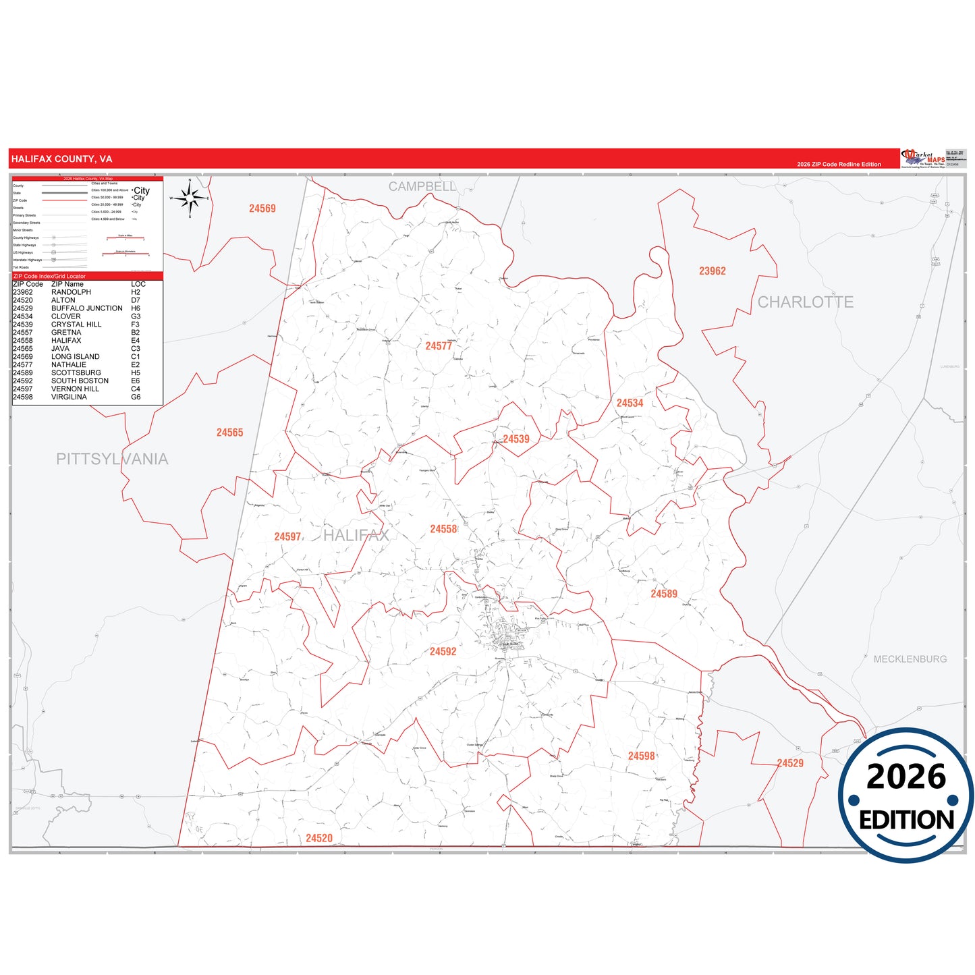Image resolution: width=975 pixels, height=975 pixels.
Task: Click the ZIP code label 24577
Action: [x=439, y=346]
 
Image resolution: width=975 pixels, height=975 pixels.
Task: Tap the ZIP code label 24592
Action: [x=443, y=652]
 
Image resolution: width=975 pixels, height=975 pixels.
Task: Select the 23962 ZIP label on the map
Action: [x=712, y=271]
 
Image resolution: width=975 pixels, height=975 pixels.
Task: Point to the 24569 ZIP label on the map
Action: [x=262, y=209]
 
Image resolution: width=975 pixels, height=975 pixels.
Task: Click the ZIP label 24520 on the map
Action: [x=318, y=838]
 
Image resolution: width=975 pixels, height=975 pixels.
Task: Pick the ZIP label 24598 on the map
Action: [x=641, y=756]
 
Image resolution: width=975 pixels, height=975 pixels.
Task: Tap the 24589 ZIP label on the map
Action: [x=663, y=594]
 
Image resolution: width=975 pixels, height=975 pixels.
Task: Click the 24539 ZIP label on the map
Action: [x=516, y=439]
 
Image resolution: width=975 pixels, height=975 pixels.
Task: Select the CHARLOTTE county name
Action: [x=805, y=302]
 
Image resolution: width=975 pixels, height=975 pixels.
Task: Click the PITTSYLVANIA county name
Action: [x=112, y=459]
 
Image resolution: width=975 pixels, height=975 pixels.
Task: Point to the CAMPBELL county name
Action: [x=422, y=187]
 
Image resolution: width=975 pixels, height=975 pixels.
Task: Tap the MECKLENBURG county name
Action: [x=910, y=659]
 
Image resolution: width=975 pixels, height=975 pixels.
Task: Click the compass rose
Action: [x=190, y=198]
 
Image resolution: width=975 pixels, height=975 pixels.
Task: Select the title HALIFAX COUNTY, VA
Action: [x=61, y=159]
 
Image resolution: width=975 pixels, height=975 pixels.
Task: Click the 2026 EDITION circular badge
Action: [x=906, y=796]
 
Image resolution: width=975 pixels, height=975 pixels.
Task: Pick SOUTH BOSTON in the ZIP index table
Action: [x=80, y=381]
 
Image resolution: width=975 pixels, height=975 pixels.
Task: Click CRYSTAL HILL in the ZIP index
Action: [x=76, y=325]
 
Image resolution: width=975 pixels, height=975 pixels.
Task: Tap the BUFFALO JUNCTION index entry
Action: [x=87, y=308]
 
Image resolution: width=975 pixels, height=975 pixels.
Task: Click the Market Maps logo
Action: [x=923, y=159]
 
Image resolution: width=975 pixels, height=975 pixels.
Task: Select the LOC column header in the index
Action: [x=138, y=284]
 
